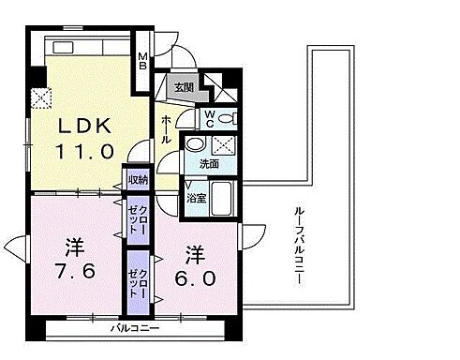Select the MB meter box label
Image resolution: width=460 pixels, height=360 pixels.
[144, 61]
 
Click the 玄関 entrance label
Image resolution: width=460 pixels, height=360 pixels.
[184, 88]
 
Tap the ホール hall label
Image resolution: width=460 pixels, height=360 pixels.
[166, 122]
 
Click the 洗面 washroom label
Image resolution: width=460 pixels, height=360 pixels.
[209, 164]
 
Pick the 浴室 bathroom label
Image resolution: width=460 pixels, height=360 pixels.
[197, 199]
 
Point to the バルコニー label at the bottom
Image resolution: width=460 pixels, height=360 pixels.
[128, 328]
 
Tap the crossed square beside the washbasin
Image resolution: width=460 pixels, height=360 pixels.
[223, 145]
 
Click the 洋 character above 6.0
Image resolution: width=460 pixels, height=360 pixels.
[194, 252]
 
